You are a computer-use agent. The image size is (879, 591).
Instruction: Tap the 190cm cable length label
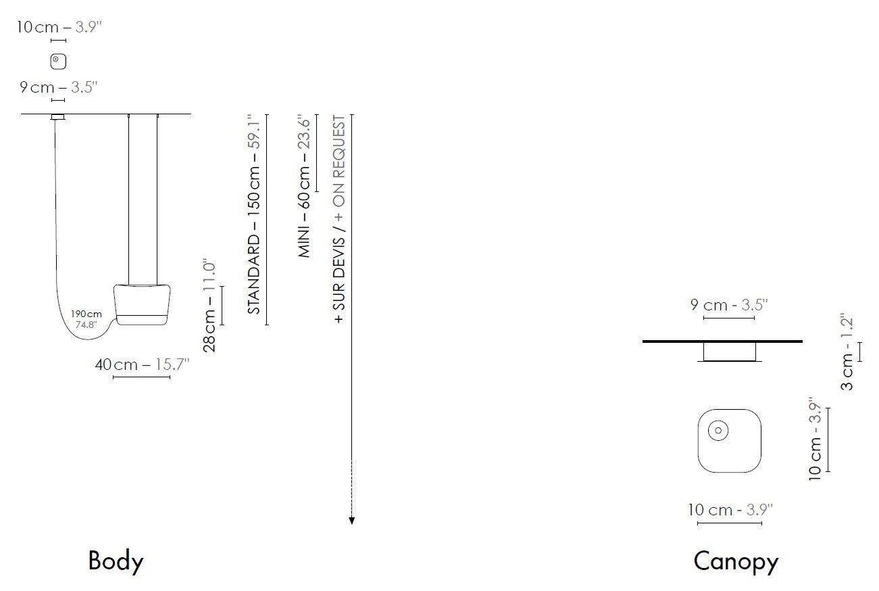point(86,314)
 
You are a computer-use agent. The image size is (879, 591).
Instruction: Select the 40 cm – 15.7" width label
point(142,364)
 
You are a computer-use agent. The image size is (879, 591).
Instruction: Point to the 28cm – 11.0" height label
point(209,306)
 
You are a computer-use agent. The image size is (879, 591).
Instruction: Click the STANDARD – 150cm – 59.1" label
point(254,214)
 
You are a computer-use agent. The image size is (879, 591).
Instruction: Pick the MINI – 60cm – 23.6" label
point(304,186)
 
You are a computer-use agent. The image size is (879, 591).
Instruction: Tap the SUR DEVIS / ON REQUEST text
point(339,219)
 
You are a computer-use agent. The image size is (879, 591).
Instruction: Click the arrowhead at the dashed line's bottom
point(351,521)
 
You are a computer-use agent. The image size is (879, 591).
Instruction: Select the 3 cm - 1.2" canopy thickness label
point(847,352)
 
